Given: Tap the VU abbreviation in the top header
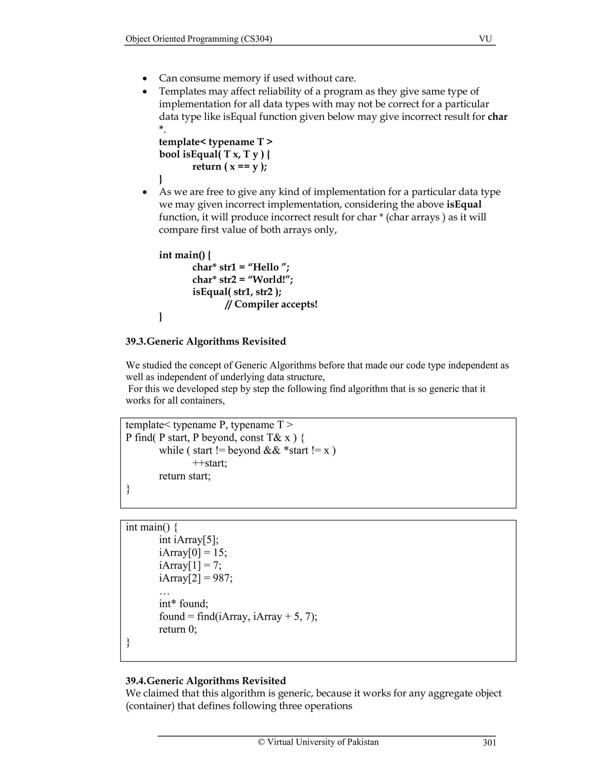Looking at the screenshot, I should pyautogui.click(x=485, y=39).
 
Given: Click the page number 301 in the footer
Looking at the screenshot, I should pyautogui.click(x=489, y=743).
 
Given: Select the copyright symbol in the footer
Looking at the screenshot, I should pyautogui.click(x=261, y=742).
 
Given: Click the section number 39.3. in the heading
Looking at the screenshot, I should pyautogui.click(x=136, y=341).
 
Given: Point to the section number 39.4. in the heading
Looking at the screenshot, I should pyautogui.click(x=136, y=681).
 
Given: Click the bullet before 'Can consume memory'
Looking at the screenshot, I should pyautogui.click(x=145, y=79).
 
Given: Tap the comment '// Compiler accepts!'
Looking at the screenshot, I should pyautogui.click(x=271, y=304).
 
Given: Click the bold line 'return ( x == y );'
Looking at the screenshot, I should pyautogui.click(x=229, y=167).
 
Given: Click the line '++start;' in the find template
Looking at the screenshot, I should pyautogui.click(x=209, y=463).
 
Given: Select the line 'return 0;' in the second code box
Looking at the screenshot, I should pyautogui.click(x=178, y=629).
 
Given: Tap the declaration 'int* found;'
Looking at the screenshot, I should pyautogui.click(x=184, y=604).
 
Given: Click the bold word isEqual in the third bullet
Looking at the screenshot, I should pyautogui.click(x=464, y=205).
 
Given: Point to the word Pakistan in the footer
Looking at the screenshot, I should pyautogui.click(x=363, y=742).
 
